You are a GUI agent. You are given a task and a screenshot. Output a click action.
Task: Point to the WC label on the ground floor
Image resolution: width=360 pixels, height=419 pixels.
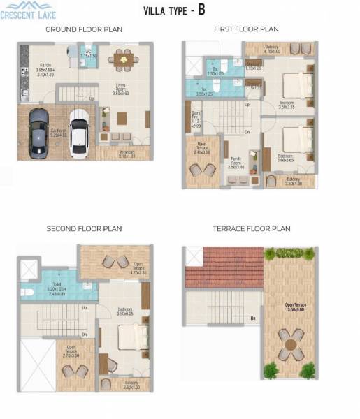(89, 53)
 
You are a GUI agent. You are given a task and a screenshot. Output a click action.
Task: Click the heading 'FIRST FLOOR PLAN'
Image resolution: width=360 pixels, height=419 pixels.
(246, 29)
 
